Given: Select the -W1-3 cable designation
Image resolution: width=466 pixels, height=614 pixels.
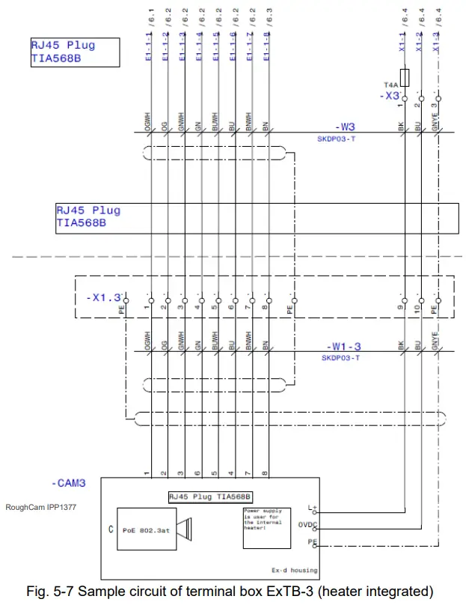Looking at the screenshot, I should pos(343,347).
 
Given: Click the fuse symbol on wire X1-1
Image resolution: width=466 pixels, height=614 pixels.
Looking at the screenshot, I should pos(405,76).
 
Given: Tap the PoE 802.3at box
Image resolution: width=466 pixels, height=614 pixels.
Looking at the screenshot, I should pos(146,531).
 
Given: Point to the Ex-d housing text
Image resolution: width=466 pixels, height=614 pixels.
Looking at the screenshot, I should pos(294,570).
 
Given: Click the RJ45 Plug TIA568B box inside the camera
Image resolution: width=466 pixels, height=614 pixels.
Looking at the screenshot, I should pos(209,496).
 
